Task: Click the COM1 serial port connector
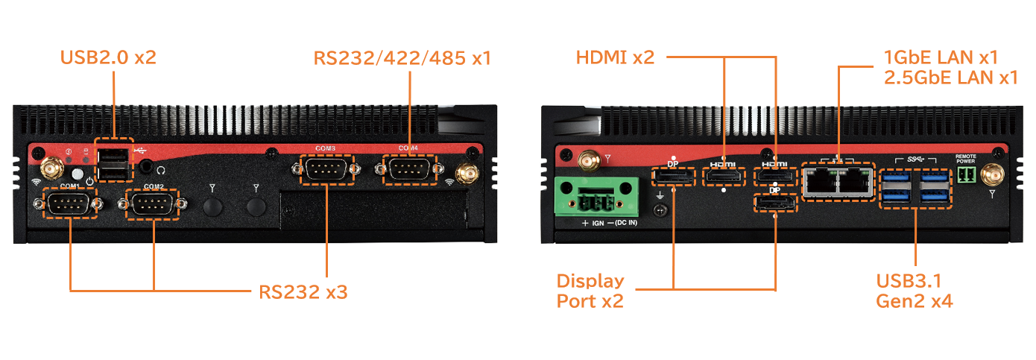(x=69, y=203)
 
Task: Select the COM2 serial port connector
(x=153, y=203)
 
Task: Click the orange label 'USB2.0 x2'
(x=108, y=57)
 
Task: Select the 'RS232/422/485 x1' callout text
(x=402, y=57)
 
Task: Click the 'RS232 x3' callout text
(x=303, y=291)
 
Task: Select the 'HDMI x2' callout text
(x=615, y=57)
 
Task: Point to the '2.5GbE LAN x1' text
(x=950, y=77)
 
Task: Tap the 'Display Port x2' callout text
(x=590, y=291)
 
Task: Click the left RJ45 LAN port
(x=820, y=181)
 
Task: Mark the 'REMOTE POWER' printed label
(x=965, y=159)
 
